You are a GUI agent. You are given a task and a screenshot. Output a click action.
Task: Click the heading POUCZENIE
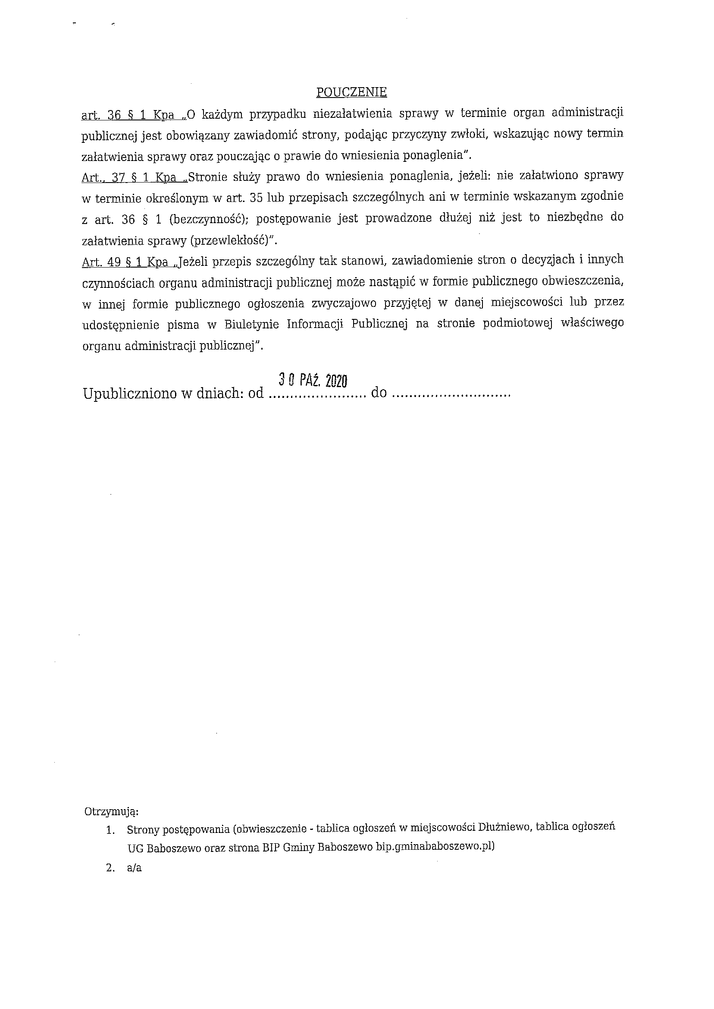click(x=351, y=92)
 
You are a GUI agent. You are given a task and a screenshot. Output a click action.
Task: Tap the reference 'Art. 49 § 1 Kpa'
click(x=125, y=262)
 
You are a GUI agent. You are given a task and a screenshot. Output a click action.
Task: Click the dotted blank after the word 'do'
click(x=451, y=394)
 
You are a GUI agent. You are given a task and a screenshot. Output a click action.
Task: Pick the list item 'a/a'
click(x=134, y=869)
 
